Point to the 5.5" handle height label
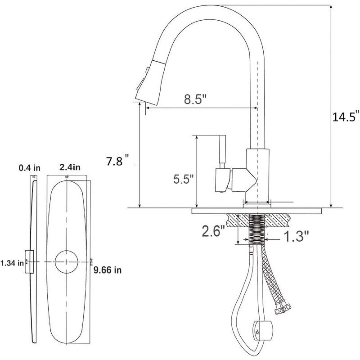[183, 179]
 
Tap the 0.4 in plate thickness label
[30, 168]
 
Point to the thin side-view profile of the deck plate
[32, 261]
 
